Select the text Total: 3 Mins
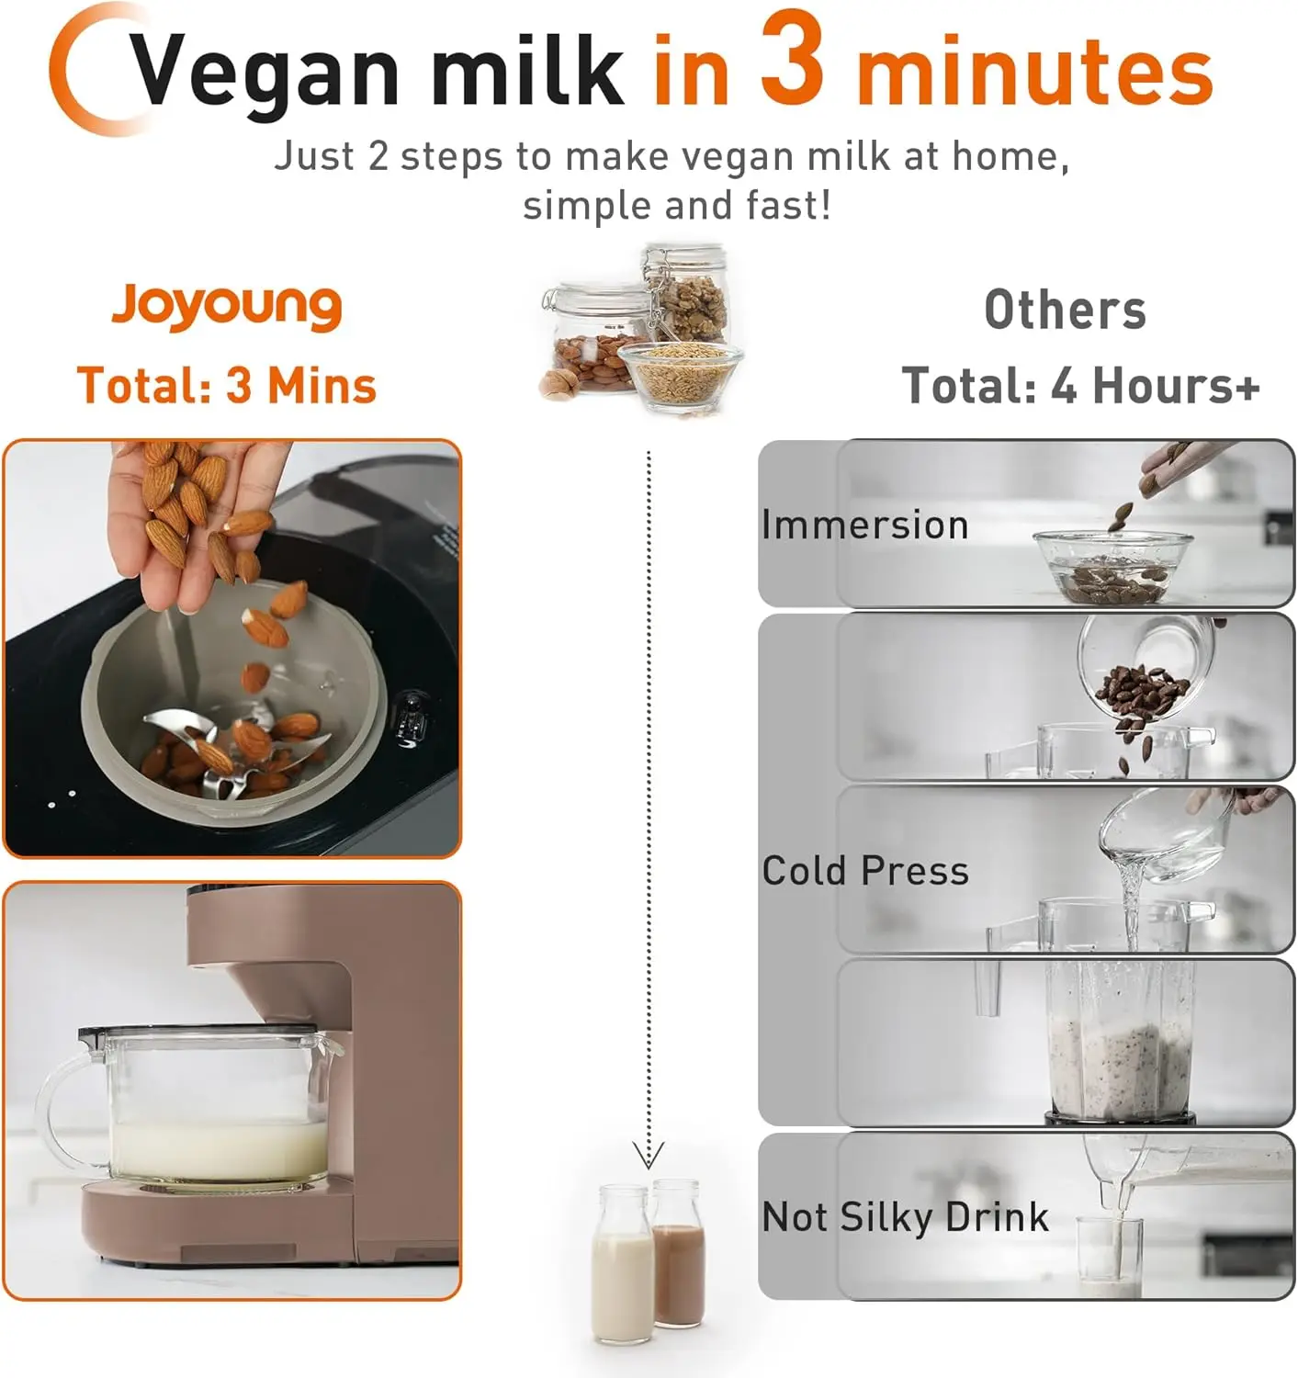tap(226, 385)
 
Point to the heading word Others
tap(1065, 310)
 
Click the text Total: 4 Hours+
tap(1080, 385)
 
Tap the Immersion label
tap(864, 525)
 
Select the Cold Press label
tap(864, 870)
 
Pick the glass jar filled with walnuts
tap(687, 295)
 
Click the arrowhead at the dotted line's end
tap(649, 1156)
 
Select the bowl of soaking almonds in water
tap(1113, 567)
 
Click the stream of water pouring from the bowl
tap(1130, 902)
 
